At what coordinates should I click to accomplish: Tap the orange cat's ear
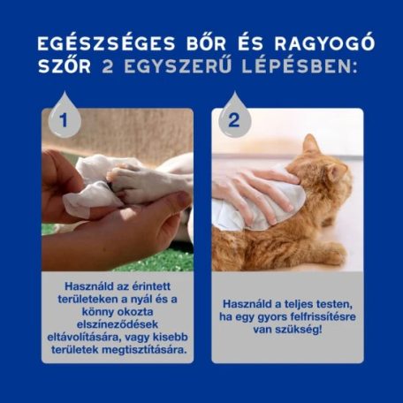click(x=310, y=144)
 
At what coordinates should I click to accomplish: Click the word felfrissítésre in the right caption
click(x=322, y=316)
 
